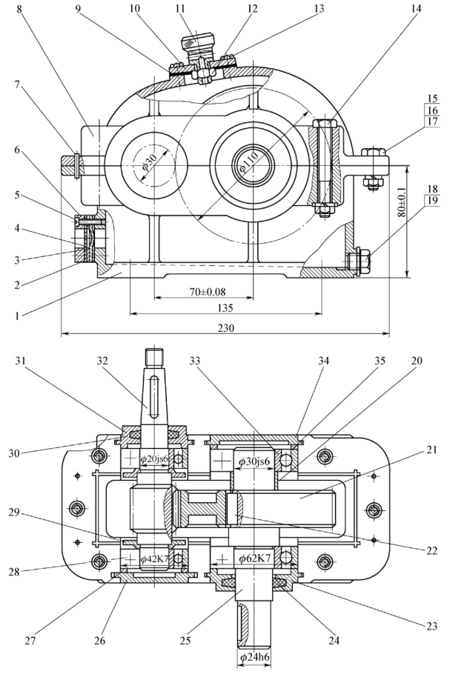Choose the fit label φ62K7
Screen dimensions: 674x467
coord(254,557)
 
